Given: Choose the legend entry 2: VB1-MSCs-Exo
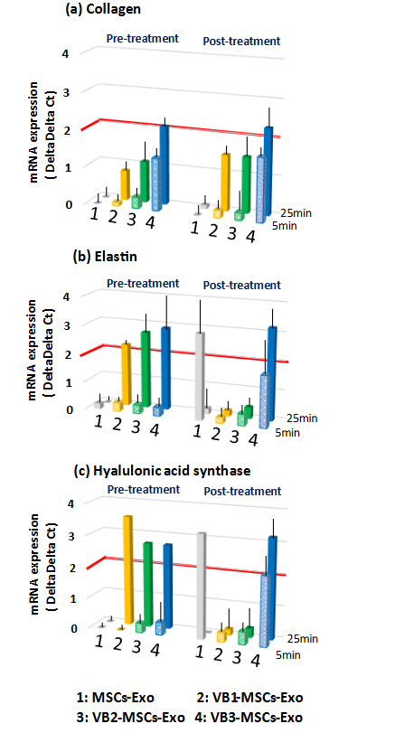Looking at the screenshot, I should [x=254, y=698].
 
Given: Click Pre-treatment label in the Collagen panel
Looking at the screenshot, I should [x=140, y=40].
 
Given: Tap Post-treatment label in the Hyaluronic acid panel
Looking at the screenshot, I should [x=241, y=491].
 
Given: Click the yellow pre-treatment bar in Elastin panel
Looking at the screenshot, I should [x=127, y=373].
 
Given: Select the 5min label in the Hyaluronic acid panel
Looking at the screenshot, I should [x=287, y=654].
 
